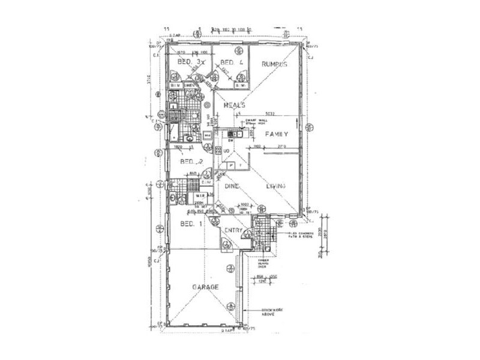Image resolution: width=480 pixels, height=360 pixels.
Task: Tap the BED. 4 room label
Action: [x=231, y=62]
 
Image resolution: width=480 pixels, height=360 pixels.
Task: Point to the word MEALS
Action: [x=234, y=105]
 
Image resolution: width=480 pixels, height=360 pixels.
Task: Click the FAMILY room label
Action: [x=278, y=134]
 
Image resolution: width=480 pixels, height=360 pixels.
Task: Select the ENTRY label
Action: [x=233, y=230]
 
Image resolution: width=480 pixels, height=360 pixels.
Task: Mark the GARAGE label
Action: [x=205, y=287]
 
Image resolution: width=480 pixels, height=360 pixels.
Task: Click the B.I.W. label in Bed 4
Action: [x=240, y=86]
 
